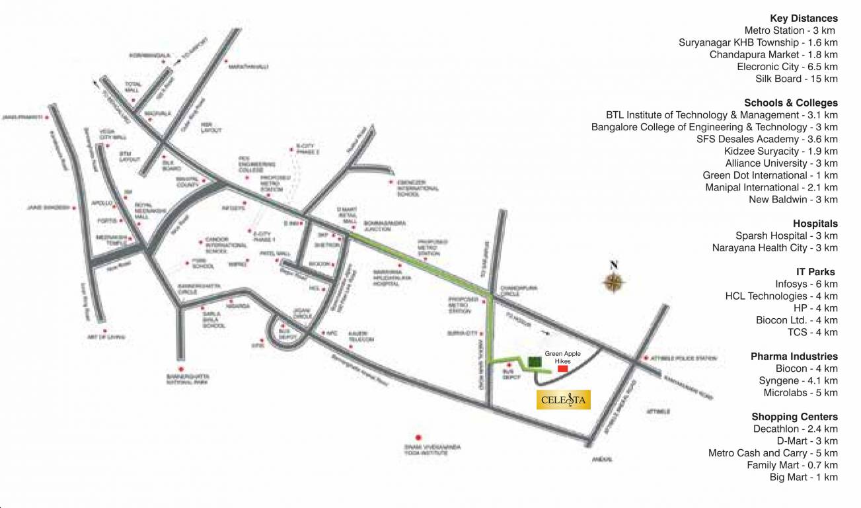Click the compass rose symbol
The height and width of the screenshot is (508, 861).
coord(614,280)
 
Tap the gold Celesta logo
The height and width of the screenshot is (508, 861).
coord(563,400)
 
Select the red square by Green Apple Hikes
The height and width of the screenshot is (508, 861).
coord(563,369)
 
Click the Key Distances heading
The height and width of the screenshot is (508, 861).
coord(804,19)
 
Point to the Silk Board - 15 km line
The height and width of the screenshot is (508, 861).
coord(796,79)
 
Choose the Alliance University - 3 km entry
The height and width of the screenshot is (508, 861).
coord(781,163)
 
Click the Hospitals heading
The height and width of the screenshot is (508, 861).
coord(815,224)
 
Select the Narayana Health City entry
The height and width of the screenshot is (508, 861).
coord(774,247)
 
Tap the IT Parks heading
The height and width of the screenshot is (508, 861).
coord(816,272)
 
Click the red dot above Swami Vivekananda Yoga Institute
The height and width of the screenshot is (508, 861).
coord(418,437)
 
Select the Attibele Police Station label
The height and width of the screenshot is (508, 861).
coord(685,359)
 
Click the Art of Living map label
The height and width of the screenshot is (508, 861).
coord(106,337)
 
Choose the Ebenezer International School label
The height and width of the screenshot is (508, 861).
coord(418,188)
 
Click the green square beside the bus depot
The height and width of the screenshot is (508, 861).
coord(535,362)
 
